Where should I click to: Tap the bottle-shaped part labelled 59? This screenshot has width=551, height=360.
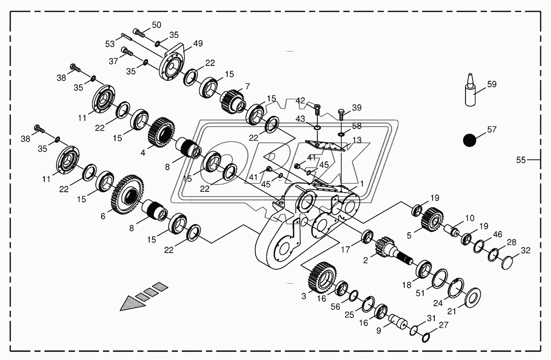470,91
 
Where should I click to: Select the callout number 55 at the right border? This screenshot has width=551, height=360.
522,160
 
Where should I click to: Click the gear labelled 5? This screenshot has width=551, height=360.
431,219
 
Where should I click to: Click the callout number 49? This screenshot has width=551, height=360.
198,44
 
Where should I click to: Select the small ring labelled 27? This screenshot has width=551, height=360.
425,336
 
